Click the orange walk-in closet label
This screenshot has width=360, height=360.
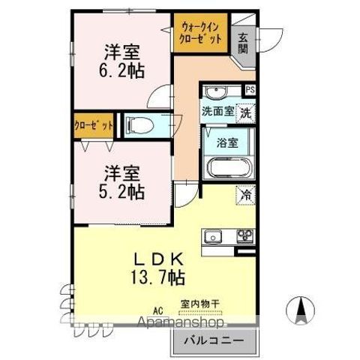(x=200, y=34)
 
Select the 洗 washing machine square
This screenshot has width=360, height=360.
(x=245, y=113)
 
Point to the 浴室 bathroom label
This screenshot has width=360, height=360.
(x=228, y=140)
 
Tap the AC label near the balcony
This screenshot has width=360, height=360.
(x=158, y=307)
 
